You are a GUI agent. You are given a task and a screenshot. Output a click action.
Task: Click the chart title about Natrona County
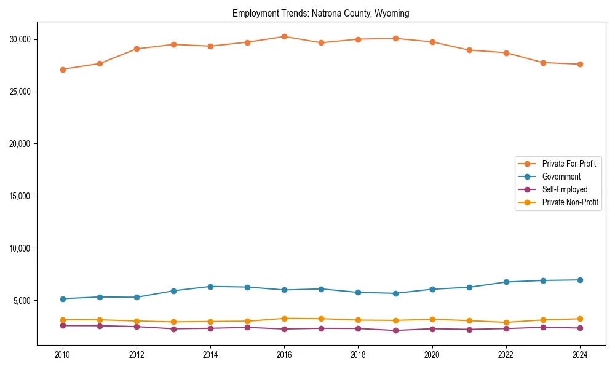[x=320, y=13]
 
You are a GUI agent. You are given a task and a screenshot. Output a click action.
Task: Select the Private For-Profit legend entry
[x=569, y=164]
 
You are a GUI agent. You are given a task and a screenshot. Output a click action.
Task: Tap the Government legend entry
[x=561, y=177]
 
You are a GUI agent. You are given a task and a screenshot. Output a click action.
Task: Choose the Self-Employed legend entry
[x=565, y=189]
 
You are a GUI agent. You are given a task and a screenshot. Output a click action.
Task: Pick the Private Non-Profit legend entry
[x=570, y=202]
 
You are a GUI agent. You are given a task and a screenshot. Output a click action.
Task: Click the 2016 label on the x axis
[x=284, y=355]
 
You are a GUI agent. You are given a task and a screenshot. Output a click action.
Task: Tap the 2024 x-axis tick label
[x=580, y=355]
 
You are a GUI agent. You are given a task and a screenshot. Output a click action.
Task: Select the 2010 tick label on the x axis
[x=62, y=355]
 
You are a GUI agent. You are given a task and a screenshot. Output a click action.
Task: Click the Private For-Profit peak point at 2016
[x=284, y=36]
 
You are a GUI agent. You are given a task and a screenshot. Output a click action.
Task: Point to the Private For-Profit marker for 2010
[x=62, y=69]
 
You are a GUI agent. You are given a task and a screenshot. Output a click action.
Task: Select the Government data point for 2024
[x=580, y=280]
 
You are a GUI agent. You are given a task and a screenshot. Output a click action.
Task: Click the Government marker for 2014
[x=210, y=287]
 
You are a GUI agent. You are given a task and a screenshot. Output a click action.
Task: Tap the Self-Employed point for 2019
[x=395, y=330]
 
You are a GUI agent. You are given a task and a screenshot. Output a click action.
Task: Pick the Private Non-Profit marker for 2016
[x=284, y=319]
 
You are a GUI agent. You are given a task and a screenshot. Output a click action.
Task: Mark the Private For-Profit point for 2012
[x=137, y=49]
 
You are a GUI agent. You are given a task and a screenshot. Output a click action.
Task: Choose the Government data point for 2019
[x=395, y=293]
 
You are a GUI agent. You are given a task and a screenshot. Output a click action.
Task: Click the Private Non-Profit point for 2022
[x=506, y=322]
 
